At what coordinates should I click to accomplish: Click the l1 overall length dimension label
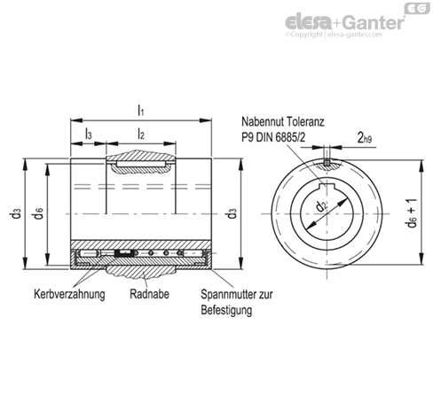[x=140, y=109]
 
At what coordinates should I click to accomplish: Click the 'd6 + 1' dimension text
[x=411, y=214]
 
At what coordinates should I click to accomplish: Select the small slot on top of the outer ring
[x=327, y=162]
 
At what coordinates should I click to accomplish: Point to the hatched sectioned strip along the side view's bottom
[x=141, y=244]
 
